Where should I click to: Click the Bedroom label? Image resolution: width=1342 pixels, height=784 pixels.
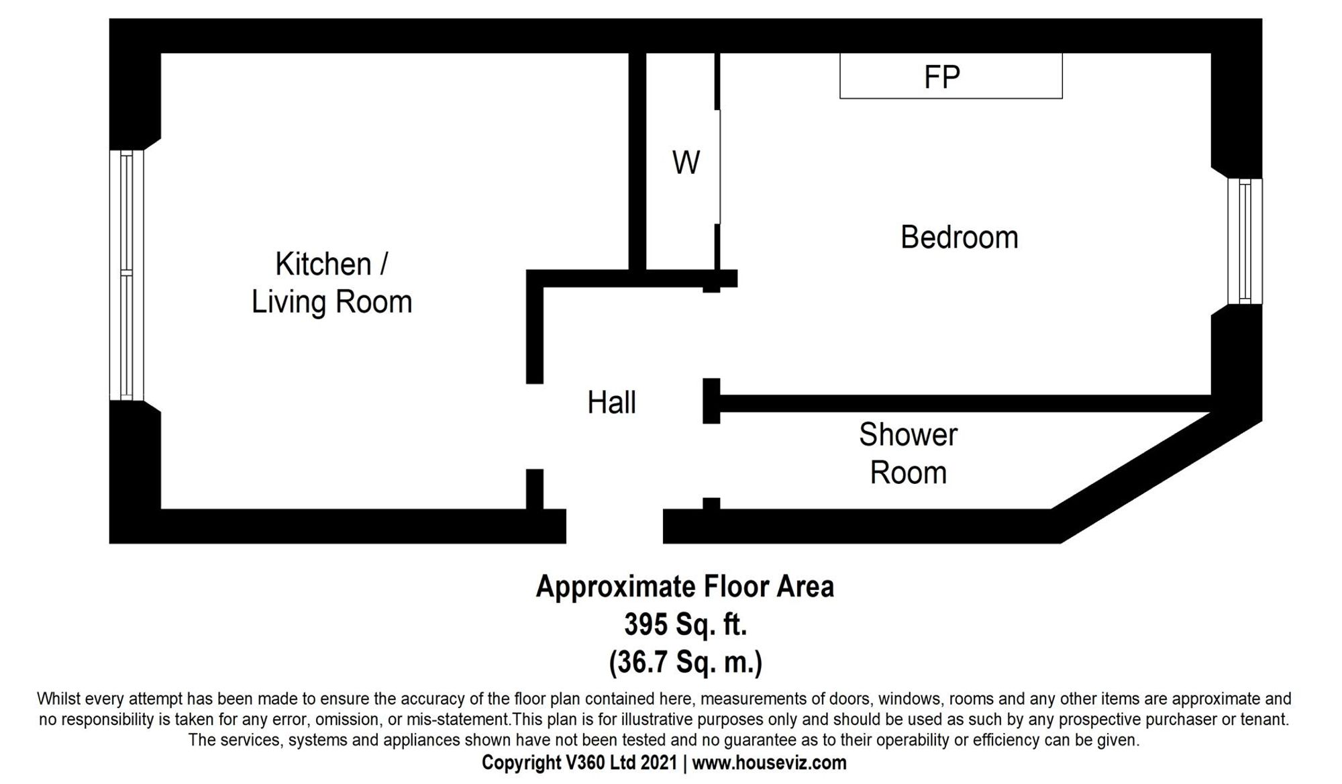click(x=959, y=238)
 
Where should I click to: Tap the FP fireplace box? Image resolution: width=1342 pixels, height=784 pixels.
click(x=950, y=77)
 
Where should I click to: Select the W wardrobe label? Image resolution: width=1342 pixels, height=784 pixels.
click(x=686, y=162)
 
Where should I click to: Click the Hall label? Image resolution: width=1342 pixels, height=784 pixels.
click(x=611, y=403)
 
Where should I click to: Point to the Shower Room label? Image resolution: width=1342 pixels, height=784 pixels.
click(x=908, y=454)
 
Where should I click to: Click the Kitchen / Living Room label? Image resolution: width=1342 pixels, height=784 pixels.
click(x=331, y=283)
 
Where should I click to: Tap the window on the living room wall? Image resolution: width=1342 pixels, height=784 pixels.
click(x=127, y=275)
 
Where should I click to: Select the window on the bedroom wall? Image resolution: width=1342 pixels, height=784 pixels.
click(x=1245, y=241)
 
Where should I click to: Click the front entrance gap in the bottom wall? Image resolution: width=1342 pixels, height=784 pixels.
click(x=614, y=526)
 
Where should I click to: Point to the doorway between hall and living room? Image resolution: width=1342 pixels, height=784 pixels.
click(x=535, y=426)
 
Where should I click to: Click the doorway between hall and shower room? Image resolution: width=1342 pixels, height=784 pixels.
click(x=711, y=460)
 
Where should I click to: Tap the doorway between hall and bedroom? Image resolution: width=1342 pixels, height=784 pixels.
click(x=711, y=335)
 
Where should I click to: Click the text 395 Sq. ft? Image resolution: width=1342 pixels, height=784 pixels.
click(x=685, y=624)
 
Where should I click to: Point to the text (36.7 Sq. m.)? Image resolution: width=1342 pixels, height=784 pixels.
click(x=685, y=662)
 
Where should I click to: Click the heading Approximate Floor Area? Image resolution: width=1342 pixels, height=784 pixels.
click(x=685, y=587)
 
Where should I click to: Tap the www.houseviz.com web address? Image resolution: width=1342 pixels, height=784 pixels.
click(x=769, y=763)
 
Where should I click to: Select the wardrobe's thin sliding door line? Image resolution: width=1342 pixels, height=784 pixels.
click(x=720, y=167)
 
